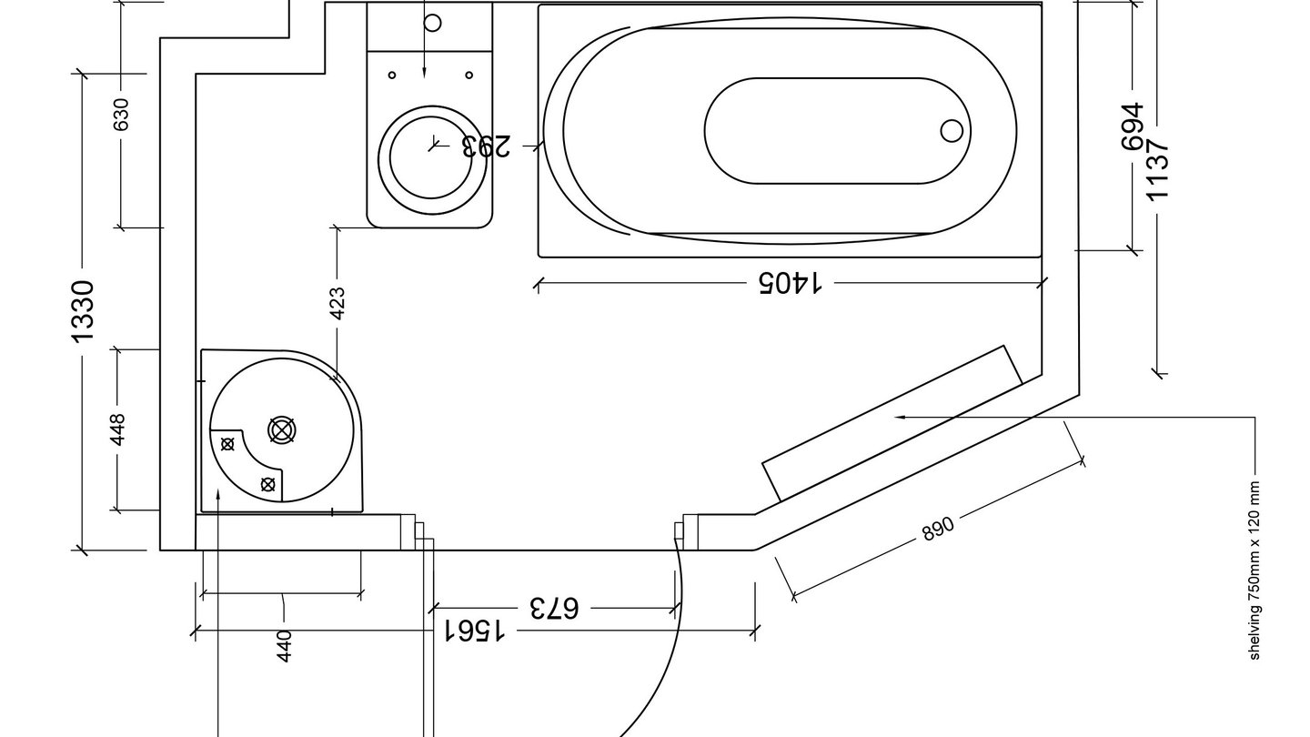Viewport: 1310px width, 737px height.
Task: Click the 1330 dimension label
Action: click(x=83, y=312)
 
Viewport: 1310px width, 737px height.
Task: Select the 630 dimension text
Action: click(x=121, y=115)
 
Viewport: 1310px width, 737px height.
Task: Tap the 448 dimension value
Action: click(x=117, y=430)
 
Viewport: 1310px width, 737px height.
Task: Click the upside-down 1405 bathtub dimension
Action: click(x=790, y=284)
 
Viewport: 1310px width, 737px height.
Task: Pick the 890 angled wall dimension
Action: click(x=938, y=529)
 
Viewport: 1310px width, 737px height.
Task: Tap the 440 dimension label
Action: click(x=284, y=645)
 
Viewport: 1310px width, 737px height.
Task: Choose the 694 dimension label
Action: click(x=1133, y=126)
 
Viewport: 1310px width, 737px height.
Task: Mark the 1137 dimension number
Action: click(x=1157, y=169)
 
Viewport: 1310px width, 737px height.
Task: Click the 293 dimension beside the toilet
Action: click(x=486, y=146)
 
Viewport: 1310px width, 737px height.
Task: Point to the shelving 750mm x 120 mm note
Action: click(x=1255, y=570)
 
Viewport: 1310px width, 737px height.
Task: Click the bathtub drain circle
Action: click(x=952, y=131)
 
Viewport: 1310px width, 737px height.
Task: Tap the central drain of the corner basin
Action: click(x=282, y=430)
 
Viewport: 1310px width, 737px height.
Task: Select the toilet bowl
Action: click(x=432, y=156)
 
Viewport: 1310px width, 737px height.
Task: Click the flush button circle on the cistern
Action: click(x=432, y=22)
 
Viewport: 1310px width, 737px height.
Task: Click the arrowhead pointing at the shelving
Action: click(x=901, y=417)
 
